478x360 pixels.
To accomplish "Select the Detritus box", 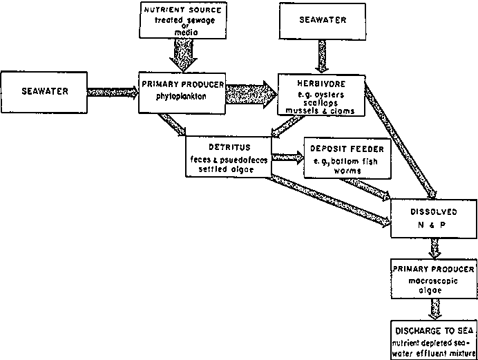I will pyautogui.click(x=228, y=153).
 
